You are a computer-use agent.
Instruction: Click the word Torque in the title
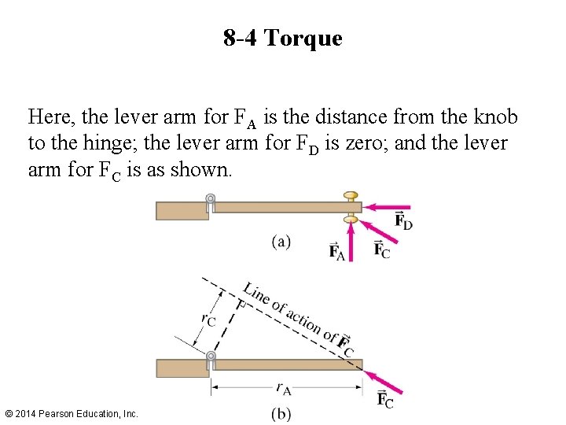click(303, 38)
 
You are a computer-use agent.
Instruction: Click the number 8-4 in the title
click(240, 38)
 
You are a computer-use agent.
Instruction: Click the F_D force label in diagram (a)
click(403, 221)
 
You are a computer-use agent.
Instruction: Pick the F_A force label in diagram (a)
click(336, 251)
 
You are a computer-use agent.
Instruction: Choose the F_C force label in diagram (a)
click(381, 250)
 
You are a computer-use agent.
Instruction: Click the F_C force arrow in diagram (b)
click(384, 379)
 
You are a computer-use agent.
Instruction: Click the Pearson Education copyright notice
click(72, 413)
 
